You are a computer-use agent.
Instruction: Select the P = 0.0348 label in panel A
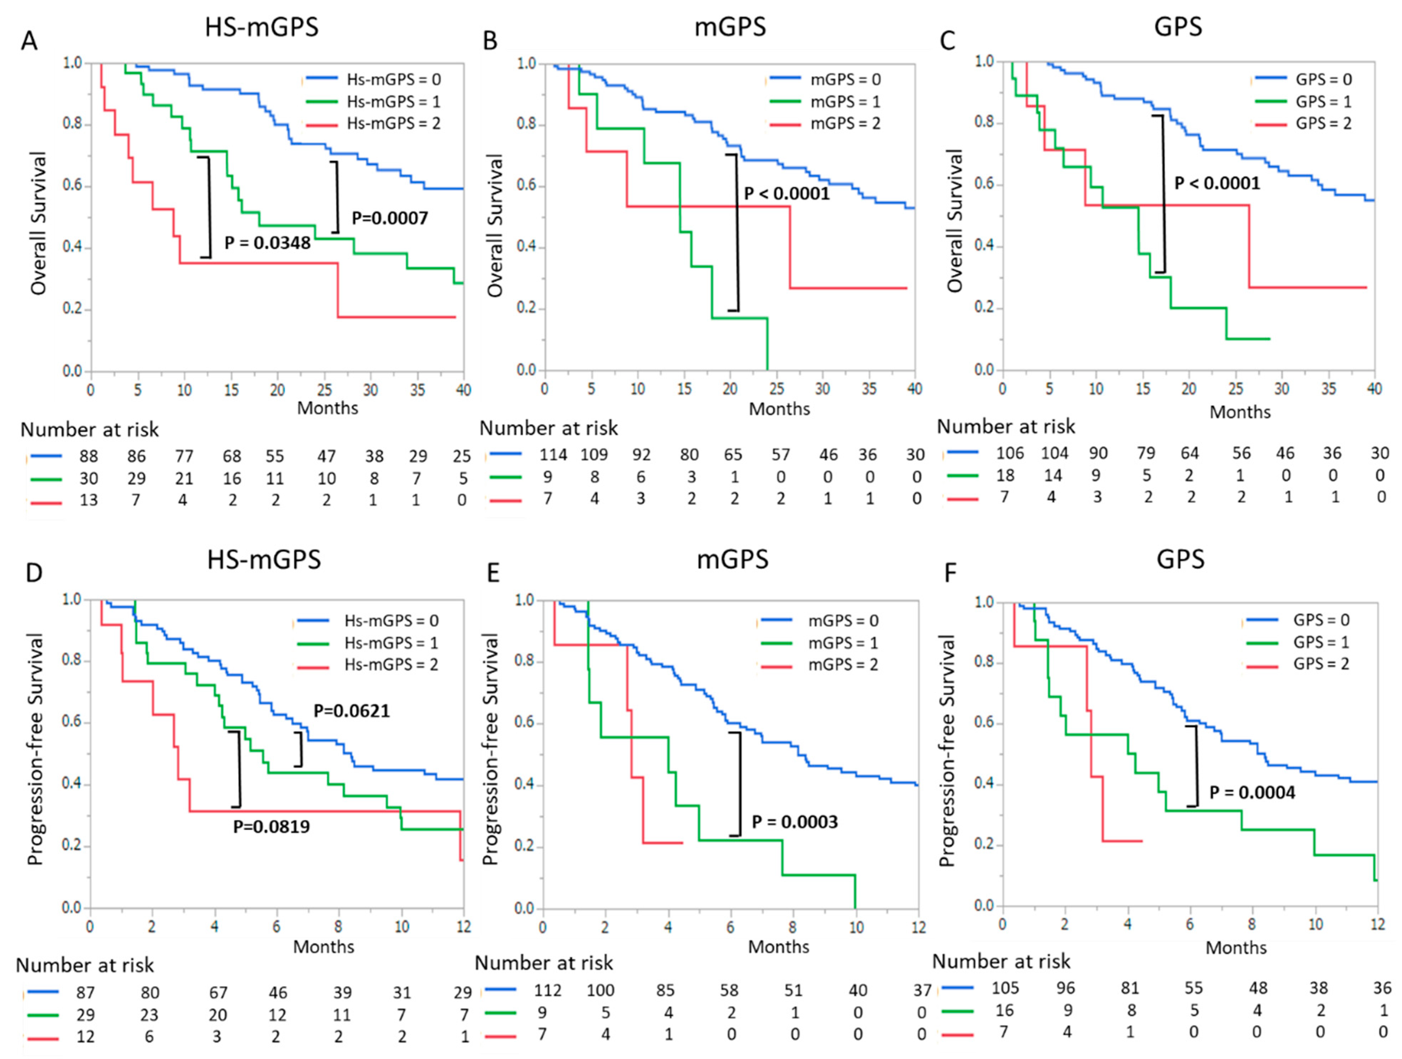(267, 243)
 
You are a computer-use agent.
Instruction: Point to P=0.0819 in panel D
(271, 826)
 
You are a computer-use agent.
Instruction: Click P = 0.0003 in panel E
(794, 822)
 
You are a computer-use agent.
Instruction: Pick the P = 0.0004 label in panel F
(1252, 792)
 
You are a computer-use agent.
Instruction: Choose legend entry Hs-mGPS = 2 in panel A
(393, 123)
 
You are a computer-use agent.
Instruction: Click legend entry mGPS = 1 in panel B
(846, 101)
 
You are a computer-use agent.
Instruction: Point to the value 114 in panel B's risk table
(553, 454)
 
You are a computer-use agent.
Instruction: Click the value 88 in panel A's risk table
(89, 456)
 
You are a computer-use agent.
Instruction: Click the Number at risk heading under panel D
(85, 965)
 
